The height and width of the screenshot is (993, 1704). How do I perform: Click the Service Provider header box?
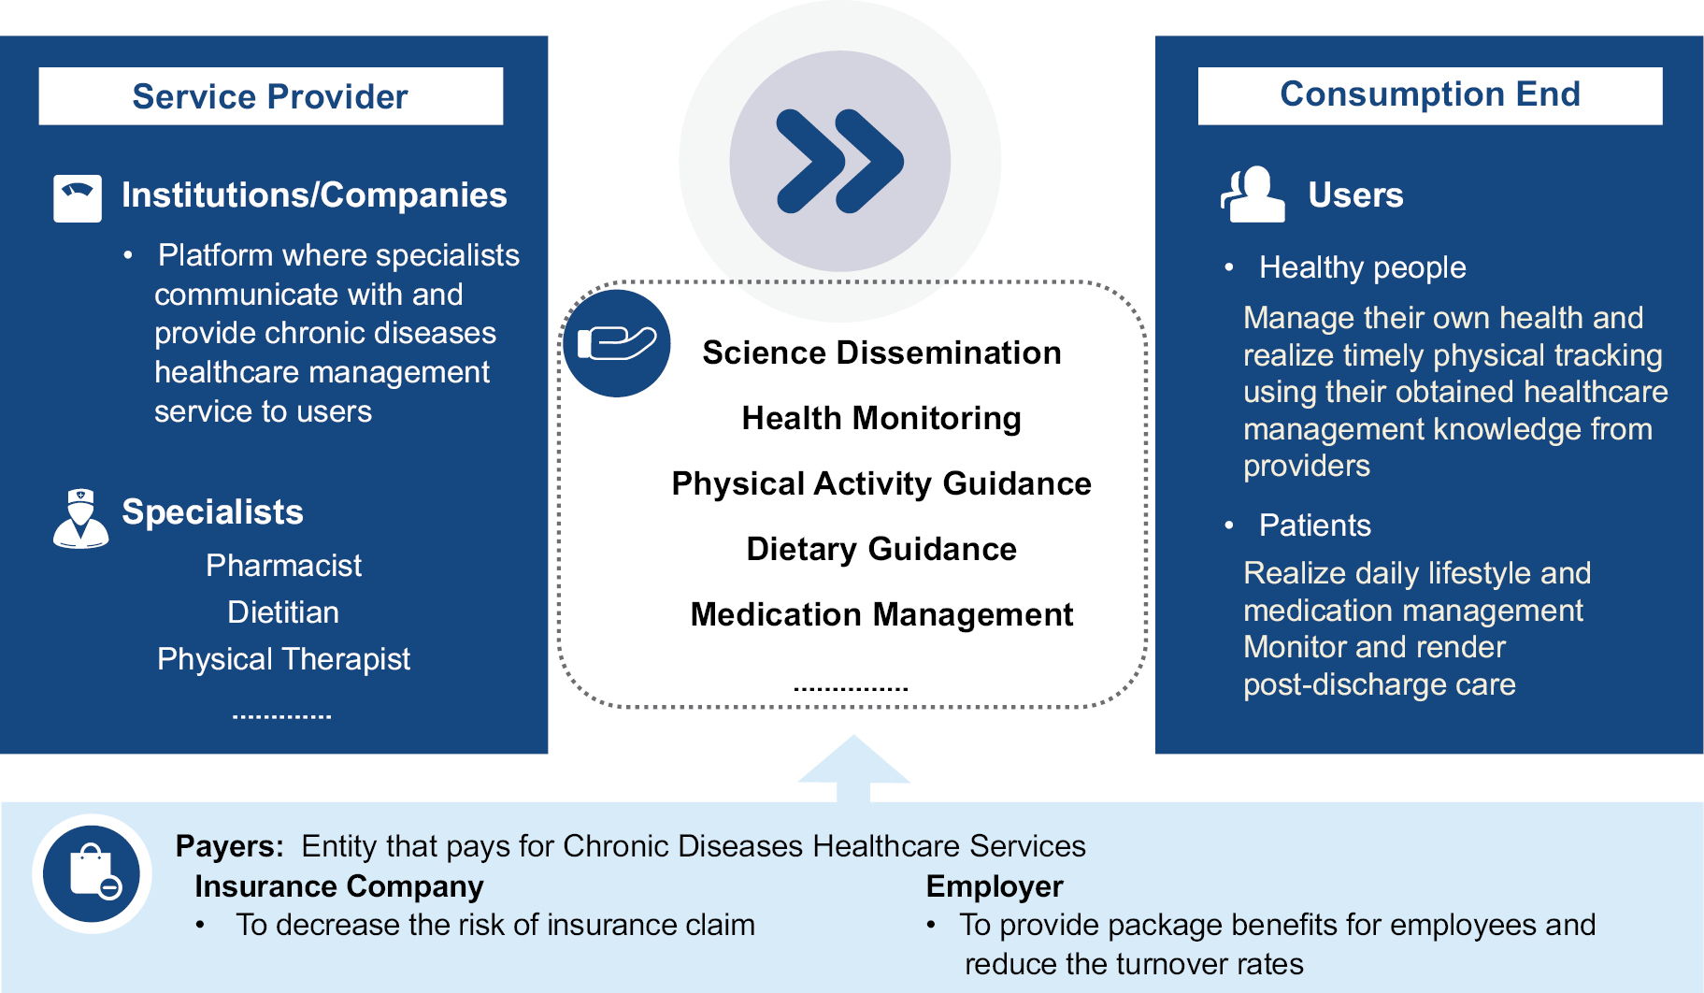point(270,96)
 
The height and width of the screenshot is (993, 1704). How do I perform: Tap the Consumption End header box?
point(1429,95)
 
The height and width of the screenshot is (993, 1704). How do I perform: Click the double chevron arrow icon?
point(839,161)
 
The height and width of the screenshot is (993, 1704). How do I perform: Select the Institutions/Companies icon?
point(78,197)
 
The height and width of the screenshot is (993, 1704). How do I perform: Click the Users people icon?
point(1253,194)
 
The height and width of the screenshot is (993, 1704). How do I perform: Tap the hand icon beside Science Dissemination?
point(617,343)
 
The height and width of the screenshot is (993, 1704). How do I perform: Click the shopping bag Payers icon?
point(93,873)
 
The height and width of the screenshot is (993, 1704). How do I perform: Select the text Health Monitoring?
point(881,418)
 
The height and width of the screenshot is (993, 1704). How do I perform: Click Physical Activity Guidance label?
point(881,483)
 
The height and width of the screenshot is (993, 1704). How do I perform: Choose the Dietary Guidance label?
point(881,549)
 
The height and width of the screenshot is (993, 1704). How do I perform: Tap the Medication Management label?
point(881,614)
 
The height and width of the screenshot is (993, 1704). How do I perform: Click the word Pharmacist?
point(283,566)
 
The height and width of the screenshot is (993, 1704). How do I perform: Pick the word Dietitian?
point(283,612)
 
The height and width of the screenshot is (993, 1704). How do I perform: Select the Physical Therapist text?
point(283,659)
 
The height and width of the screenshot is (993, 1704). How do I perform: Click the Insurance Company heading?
point(338,886)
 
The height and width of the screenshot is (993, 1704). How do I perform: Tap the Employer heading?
point(995,886)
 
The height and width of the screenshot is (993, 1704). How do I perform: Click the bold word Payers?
point(229,846)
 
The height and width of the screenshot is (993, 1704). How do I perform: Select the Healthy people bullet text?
point(1362,267)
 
